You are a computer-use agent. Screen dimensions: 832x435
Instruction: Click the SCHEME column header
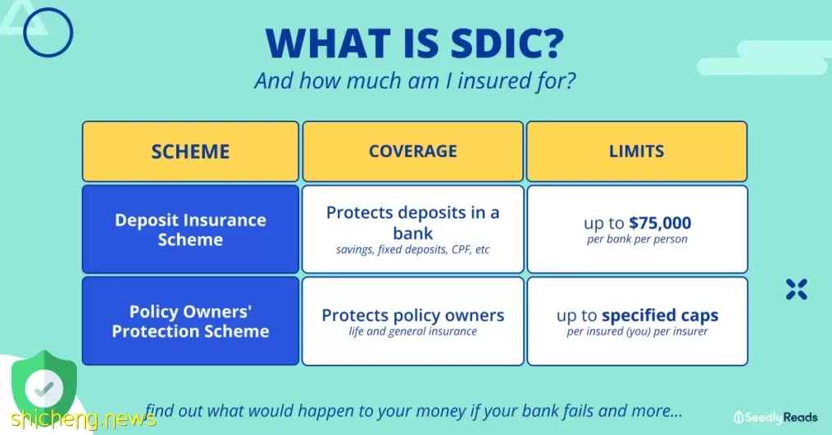[x=190, y=152]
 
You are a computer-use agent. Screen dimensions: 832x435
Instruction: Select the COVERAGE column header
[x=413, y=152]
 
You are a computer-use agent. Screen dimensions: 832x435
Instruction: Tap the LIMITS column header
[x=637, y=152]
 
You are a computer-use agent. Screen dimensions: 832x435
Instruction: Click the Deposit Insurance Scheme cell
[x=190, y=229]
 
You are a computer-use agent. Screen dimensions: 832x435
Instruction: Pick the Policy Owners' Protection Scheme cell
[x=190, y=321]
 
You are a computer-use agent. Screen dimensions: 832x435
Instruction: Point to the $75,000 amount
[x=660, y=224]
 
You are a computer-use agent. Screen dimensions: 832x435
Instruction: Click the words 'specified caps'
[x=660, y=315]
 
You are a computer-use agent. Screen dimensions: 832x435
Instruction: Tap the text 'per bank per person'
[x=637, y=239]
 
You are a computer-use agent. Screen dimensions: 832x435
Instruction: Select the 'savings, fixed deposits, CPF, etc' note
[x=413, y=249]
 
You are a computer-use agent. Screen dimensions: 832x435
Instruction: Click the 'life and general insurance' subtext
[x=413, y=332]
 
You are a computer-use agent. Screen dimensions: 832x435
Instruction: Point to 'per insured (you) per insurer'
[x=637, y=332]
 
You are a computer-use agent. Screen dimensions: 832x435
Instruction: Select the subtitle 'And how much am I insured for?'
[x=415, y=81]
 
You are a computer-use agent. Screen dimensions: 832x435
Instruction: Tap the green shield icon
[x=44, y=385]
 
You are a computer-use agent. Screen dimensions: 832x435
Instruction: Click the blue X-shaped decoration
[x=797, y=290]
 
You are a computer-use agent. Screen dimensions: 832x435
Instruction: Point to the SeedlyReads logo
[x=775, y=418]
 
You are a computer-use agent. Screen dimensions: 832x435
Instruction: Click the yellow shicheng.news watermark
[x=84, y=419]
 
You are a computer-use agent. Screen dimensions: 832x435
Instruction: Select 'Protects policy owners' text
[x=413, y=315]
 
